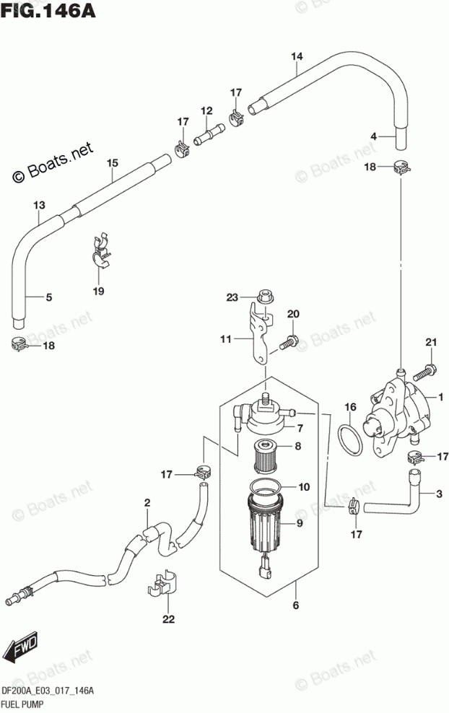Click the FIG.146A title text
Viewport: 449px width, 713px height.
(48, 12)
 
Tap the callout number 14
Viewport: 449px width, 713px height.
(297, 56)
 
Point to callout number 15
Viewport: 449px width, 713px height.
(111, 163)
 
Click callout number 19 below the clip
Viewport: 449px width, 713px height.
(98, 291)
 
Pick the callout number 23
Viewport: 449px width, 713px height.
(232, 297)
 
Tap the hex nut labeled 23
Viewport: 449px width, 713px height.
(263, 297)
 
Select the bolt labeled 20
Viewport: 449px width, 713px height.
(287, 343)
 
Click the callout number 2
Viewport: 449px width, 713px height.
(147, 502)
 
